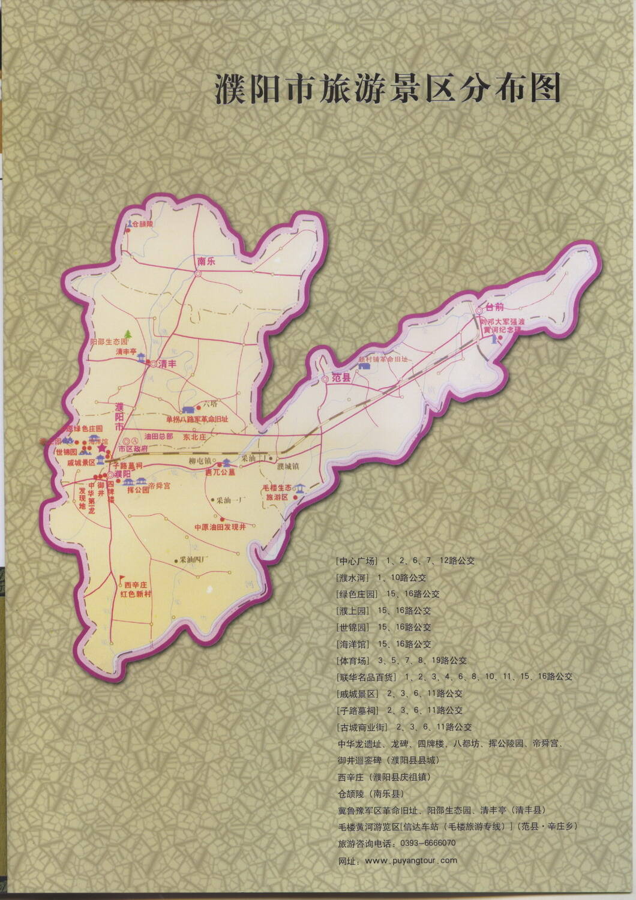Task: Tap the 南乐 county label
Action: (206, 262)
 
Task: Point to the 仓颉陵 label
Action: (143, 224)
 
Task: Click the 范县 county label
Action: (342, 379)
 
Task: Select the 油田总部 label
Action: (158, 437)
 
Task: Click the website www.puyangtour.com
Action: (410, 860)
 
